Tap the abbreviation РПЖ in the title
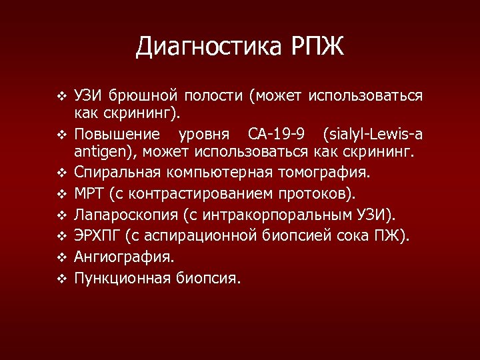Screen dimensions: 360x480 click(317, 47)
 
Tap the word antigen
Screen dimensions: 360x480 click(101, 153)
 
